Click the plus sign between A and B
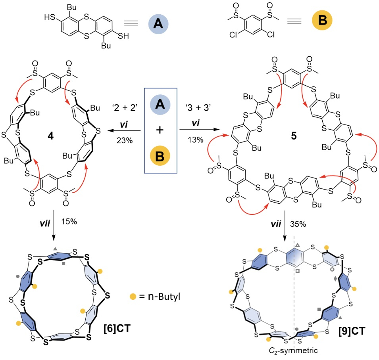coord(161,132)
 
